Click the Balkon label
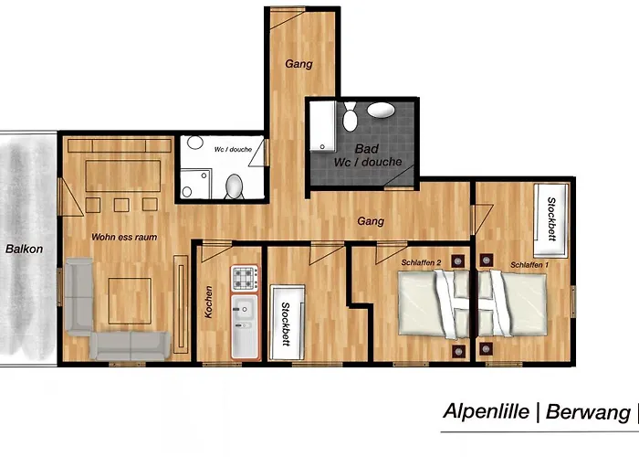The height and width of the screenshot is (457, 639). click(24, 249)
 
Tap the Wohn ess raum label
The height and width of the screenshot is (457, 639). click(124, 237)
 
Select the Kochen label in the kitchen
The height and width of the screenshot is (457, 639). click(208, 302)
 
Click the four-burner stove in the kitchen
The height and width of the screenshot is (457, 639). click(245, 278)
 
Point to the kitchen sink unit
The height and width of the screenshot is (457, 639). click(245, 326)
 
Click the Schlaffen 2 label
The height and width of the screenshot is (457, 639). click(421, 263)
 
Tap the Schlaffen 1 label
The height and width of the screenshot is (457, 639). click(529, 265)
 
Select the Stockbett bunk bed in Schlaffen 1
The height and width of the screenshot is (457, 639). click(551, 220)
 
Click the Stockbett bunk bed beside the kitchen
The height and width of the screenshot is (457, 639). click(288, 323)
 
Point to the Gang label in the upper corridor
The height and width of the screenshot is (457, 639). click(299, 64)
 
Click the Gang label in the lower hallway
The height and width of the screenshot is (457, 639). click(371, 221)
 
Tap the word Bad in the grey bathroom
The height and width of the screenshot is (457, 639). click(367, 148)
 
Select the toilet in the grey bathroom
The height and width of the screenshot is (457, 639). click(350, 116)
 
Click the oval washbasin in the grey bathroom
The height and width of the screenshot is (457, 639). click(381, 110)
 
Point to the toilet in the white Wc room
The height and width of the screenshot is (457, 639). click(234, 186)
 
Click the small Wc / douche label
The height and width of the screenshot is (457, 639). click(233, 150)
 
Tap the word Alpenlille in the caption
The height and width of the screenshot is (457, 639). click(487, 411)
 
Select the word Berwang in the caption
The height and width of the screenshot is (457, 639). click(588, 412)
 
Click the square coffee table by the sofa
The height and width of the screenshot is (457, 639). click(130, 301)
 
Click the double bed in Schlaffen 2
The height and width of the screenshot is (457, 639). click(434, 304)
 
